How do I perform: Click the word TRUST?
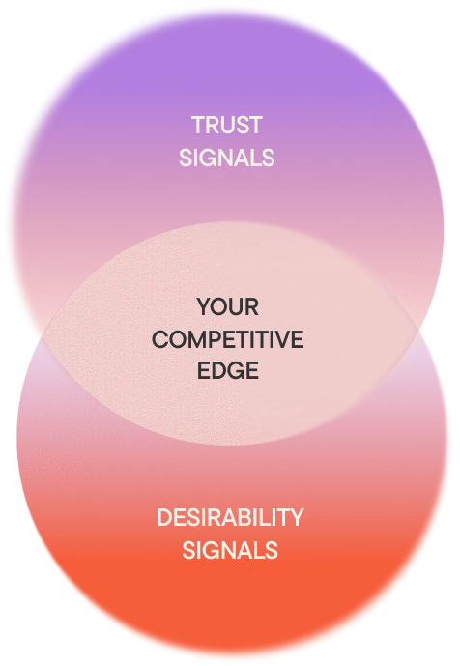pos(227,126)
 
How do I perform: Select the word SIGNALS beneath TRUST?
pos(227,158)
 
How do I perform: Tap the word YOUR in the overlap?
pos(228,306)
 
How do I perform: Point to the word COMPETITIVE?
pos(228,339)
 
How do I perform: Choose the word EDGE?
pos(228,370)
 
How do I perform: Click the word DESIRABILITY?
pos(230,518)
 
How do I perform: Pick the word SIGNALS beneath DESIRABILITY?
pos(230,550)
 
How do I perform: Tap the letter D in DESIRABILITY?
pos(165,518)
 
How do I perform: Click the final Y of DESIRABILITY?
pos(296,518)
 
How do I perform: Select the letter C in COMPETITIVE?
pos(160,339)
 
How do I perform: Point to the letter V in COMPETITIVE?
pos(282,339)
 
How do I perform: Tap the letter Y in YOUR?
pos(204,306)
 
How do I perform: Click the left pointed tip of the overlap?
pos(42,335)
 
